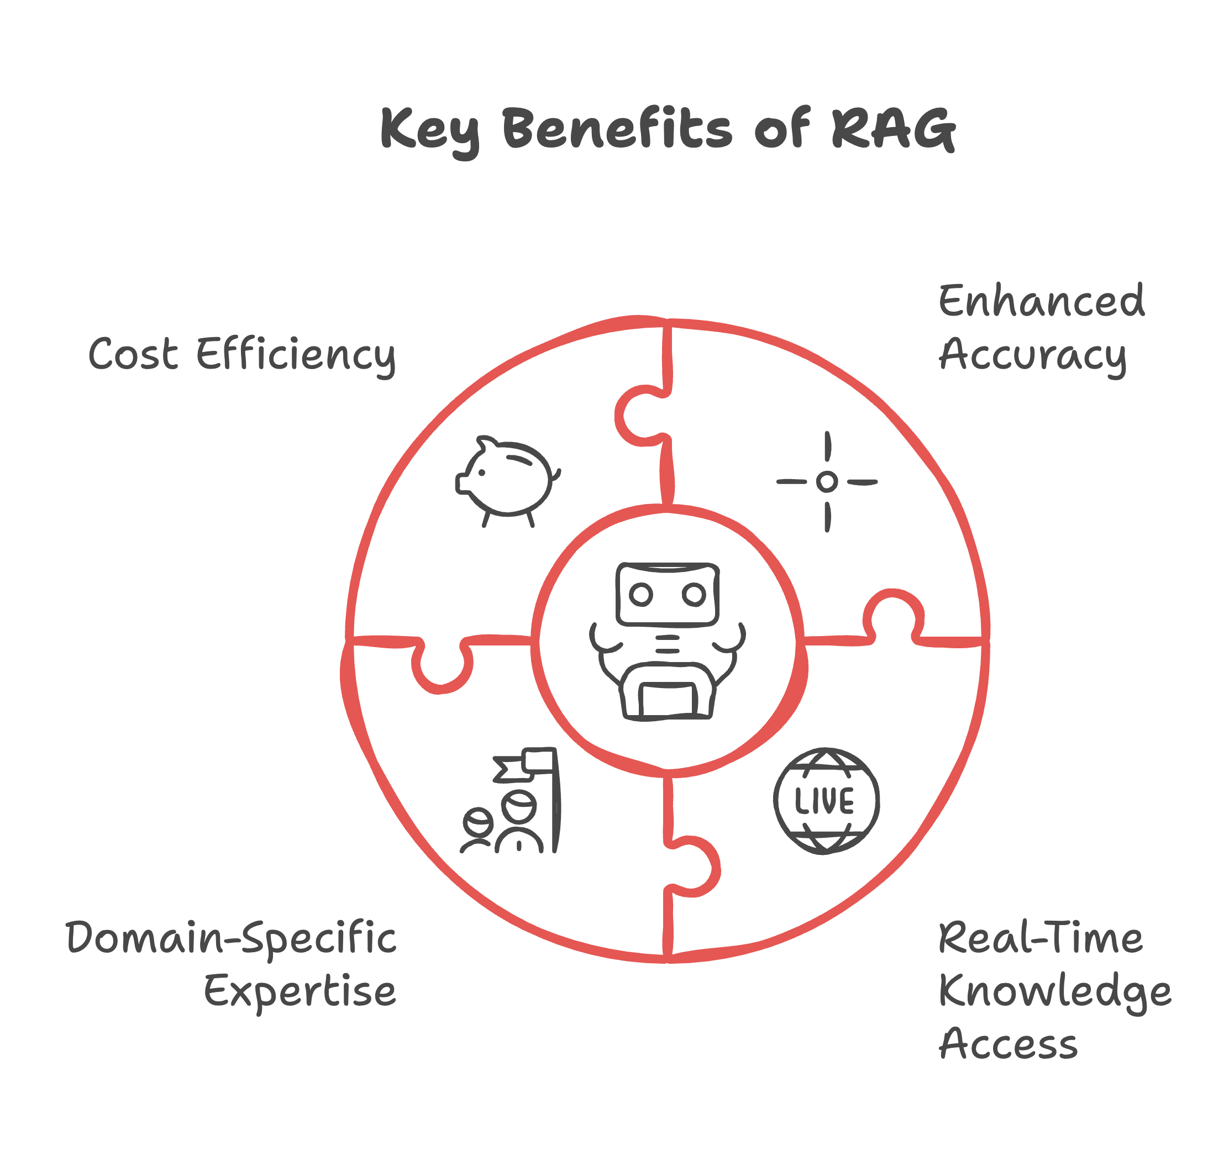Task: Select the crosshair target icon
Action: [x=827, y=481]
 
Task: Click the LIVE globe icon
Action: [x=826, y=801]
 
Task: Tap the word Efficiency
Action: [x=296, y=356]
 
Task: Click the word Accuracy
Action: [x=1032, y=356]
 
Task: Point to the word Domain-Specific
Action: [x=230, y=939]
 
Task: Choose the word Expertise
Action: [x=300, y=993]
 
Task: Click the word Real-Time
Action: [x=1039, y=938]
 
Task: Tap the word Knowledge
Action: [x=1054, y=993]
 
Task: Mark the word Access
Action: [x=1008, y=1044]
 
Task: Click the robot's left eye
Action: [x=640, y=594]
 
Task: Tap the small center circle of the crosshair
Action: [x=827, y=481]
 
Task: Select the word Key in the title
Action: [x=430, y=130]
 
